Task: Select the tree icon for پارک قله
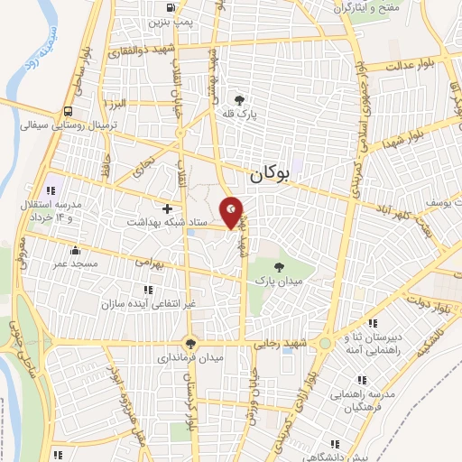click(239, 100)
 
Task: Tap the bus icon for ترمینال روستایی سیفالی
click(69, 112)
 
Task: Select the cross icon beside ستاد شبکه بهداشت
click(167, 208)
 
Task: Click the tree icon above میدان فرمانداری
click(189, 343)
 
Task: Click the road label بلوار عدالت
click(416, 65)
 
